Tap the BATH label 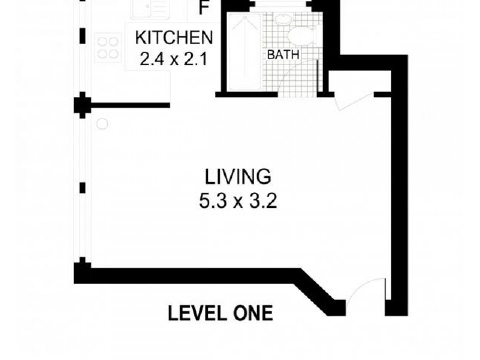(283, 55)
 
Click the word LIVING (238, 177)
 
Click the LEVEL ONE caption (220, 313)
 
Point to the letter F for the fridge (205, 10)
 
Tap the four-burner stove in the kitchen (108, 47)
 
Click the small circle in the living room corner (102, 124)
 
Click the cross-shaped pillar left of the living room (82, 106)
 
